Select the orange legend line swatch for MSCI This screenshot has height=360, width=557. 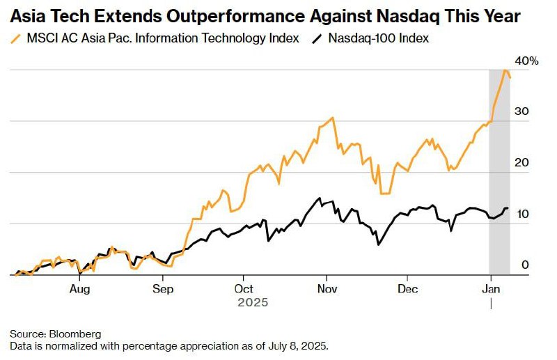(17, 39)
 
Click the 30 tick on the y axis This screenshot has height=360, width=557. (521, 111)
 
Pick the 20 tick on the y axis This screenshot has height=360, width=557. (521, 163)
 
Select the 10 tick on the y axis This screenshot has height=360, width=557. (521, 214)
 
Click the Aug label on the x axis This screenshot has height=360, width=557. (80, 288)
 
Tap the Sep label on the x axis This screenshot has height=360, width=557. (162, 288)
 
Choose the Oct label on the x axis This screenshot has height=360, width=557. (244, 288)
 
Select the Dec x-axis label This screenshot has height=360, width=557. (408, 288)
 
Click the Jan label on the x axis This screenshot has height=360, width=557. (491, 288)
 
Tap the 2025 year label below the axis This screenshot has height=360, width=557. (252, 303)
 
